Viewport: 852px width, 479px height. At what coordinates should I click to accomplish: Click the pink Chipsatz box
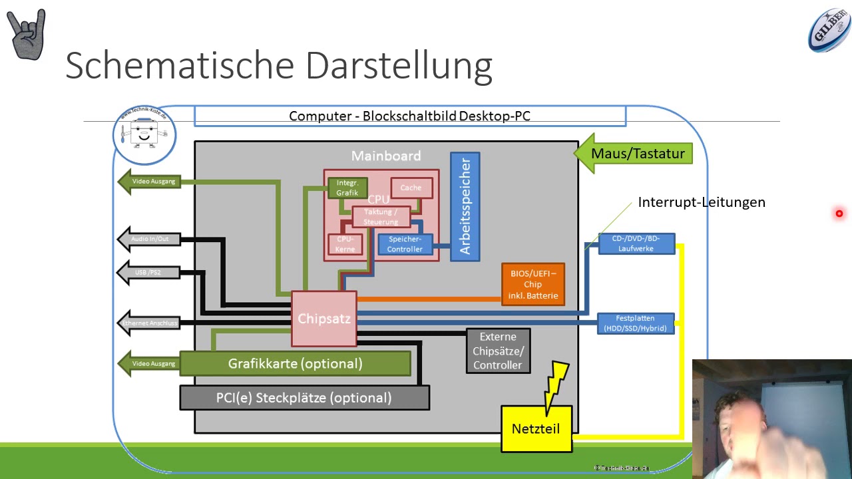(324, 319)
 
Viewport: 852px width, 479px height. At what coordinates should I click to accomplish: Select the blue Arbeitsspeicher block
(465, 207)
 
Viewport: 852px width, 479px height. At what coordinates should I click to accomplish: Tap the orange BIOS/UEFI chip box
(532, 284)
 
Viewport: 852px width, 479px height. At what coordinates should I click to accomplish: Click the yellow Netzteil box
(536, 429)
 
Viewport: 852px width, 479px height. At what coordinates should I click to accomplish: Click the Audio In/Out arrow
(149, 239)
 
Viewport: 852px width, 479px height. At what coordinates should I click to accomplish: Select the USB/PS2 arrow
(149, 273)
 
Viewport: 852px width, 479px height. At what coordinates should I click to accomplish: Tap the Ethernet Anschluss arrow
(149, 323)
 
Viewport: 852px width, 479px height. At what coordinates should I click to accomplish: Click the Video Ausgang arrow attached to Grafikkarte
(149, 364)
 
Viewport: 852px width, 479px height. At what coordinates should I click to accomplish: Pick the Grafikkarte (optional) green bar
(295, 364)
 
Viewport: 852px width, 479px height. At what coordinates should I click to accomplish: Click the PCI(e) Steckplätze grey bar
(304, 398)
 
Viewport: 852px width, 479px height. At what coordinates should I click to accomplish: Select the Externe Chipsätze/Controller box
(498, 351)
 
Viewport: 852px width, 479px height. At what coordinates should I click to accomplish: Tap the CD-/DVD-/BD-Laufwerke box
(636, 243)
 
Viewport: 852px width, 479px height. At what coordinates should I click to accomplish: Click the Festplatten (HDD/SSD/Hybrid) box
(636, 323)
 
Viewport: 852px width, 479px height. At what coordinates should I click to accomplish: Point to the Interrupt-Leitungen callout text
(701, 202)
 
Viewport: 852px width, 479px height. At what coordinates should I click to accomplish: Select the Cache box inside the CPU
(411, 188)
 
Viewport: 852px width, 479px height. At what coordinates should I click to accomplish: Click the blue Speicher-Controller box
(405, 244)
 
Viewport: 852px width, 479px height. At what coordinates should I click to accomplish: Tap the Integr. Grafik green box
(347, 188)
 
